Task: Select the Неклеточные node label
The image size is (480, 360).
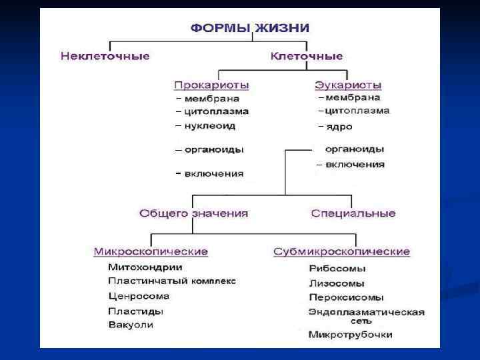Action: click(105, 56)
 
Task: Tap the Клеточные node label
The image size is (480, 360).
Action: click(307, 56)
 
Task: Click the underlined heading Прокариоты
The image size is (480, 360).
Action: click(211, 85)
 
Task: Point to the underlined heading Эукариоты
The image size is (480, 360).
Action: click(348, 85)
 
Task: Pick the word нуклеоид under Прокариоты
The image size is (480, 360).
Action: click(210, 125)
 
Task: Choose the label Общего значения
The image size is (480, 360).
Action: click(193, 214)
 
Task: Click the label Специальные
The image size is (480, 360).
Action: click(353, 214)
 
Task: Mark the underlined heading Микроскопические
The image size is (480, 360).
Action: click(151, 252)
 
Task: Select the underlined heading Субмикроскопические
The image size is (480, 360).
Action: click(341, 252)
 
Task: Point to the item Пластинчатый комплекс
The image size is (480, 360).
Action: click(172, 281)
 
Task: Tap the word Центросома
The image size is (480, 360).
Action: click(139, 296)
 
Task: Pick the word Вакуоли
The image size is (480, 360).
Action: click(131, 325)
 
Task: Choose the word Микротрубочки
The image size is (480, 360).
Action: click(351, 335)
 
